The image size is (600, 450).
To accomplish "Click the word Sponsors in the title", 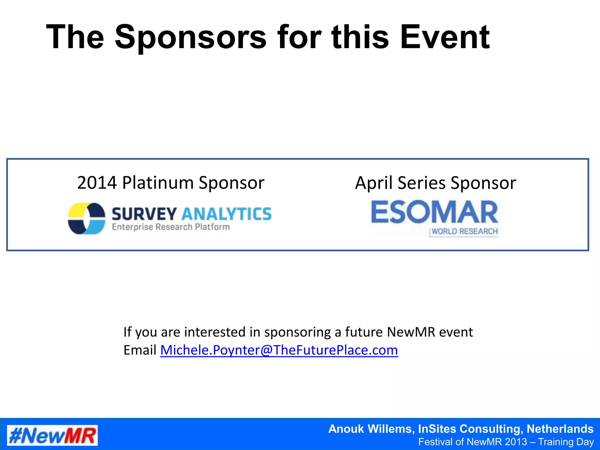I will coord(190,37).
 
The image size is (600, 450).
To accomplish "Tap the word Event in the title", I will coord(445,37).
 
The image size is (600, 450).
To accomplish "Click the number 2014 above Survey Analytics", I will coord(97,183).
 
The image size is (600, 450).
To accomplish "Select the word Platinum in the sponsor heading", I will coord(158,183).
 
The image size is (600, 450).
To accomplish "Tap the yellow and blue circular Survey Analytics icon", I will coord(86,219).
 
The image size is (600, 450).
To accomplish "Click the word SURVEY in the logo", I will coord(144,214).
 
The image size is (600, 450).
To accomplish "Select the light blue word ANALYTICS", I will coord(226,214).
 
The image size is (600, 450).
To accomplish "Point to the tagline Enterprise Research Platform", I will coord(171,227).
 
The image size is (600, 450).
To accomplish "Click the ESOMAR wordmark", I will coord(434,212).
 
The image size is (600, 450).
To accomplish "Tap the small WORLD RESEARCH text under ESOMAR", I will coord(464,231).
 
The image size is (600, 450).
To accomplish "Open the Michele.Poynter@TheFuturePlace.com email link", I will coord(279,350).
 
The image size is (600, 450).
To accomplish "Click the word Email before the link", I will coord(140,350).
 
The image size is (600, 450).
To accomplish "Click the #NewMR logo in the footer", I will coord(52,435).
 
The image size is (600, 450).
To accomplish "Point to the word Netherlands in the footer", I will coord(560,429).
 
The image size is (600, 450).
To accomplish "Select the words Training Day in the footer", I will coord(566,442).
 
